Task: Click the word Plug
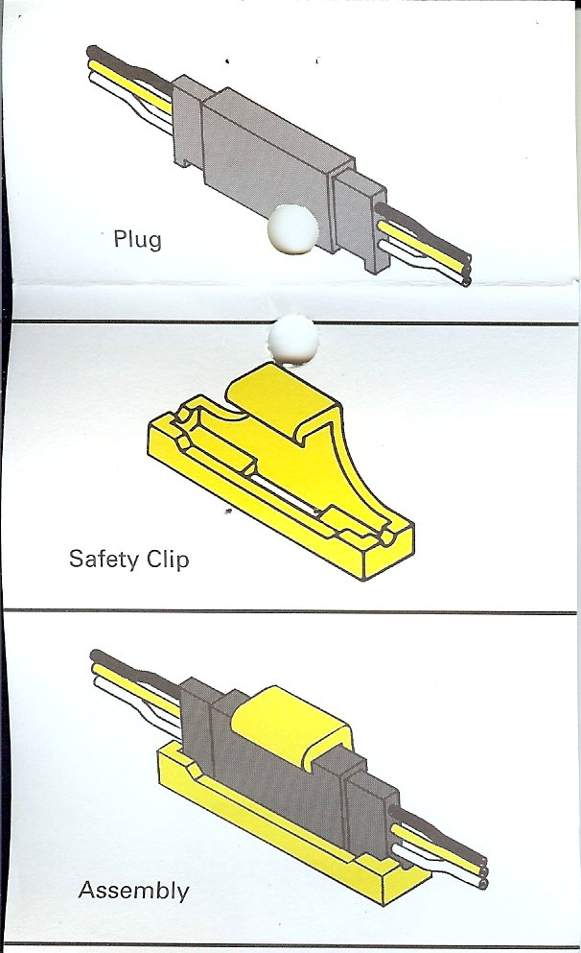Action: [138, 239]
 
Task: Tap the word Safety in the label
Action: [104, 560]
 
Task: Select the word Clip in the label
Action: [168, 560]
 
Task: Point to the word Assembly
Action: [134, 891]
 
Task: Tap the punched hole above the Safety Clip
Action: [293, 340]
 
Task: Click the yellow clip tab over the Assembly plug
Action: [290, 724]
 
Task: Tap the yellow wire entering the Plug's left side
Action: [130, 85]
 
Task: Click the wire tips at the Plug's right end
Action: [466, 270]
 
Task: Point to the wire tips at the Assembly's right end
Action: [482, 872]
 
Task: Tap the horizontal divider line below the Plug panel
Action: [291, 322]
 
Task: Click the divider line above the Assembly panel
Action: [290, 610]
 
